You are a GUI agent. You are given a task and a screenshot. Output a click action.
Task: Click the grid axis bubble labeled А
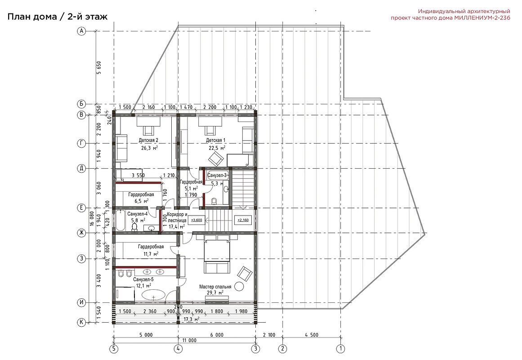coord(81,31)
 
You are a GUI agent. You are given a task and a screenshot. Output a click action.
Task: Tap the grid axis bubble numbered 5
coord(114,349)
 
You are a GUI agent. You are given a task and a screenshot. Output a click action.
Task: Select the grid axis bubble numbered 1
coord(340,349)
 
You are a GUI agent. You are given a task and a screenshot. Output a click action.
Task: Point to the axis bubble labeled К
coord(81,322)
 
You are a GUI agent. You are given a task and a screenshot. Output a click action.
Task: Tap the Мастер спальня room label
coord(215,287)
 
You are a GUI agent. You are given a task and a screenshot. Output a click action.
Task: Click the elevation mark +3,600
coord(197,220)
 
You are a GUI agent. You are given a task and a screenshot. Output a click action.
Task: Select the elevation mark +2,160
coord(243,220)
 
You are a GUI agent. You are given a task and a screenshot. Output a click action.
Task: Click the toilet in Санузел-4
coord(135,227)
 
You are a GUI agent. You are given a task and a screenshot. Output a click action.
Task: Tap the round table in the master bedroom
coord(239,286)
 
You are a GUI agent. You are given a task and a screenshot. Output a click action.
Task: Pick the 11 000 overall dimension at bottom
coord(189,341)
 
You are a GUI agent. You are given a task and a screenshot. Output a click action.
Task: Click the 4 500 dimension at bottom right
coord(311,335)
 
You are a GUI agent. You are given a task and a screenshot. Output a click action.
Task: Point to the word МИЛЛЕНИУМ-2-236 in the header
coord(482,18)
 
